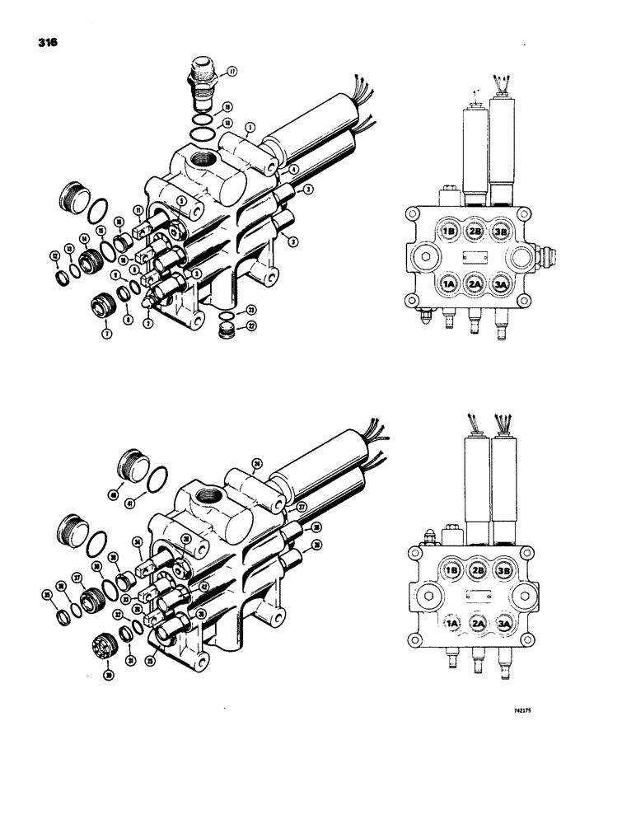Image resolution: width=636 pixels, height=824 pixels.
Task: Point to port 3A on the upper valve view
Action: click(x=501, y=285)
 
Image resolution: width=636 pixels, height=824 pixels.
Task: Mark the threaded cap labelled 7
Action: click(x=105, y=307)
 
